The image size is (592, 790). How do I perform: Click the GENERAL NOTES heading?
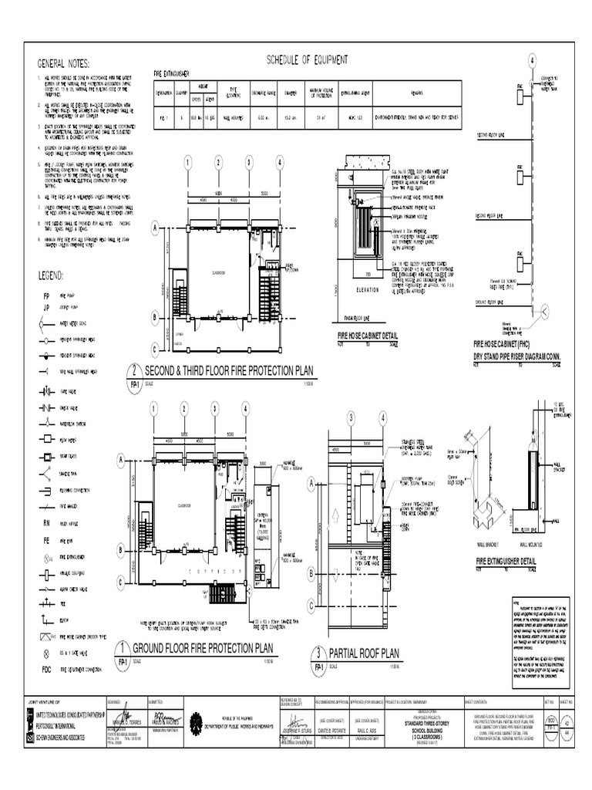pyautogui.click(x=64, y=63)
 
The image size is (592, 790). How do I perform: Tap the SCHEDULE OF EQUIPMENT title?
pyautogui.click(x=307, y=59)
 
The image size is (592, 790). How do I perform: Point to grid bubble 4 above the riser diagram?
pyautogui.click(x=531, y=62)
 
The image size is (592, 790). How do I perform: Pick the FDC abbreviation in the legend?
pyautogui.click(x=46, y=670)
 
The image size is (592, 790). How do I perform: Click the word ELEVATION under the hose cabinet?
pyautogui.click(x=370, y=290)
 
